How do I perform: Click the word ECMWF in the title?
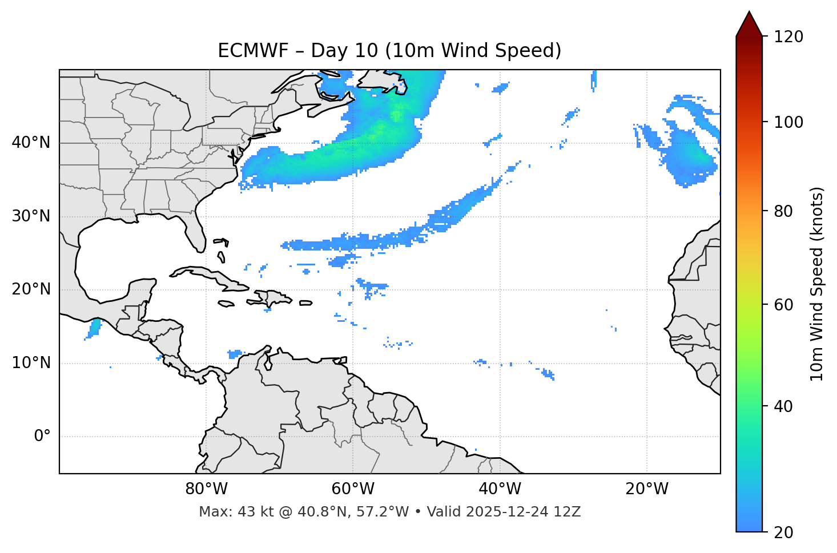[x=246, y=51]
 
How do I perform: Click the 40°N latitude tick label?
[x=31, y=143]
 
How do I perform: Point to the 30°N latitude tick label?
[x=31, y=216]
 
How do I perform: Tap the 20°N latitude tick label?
[x=31, y=289]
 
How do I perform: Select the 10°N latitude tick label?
[x=31, y=363]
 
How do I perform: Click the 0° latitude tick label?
[x=42, y=437]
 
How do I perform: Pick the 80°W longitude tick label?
[x=207, y=489]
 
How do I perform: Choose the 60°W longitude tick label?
[x=353, y=489]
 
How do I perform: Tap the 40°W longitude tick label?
[x=500, y=489]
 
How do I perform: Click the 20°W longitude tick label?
[x=646, y=489]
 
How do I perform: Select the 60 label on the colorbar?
[x=786, y=305]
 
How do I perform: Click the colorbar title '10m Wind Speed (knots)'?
[x=817, y=284]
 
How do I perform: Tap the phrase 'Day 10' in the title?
[x=344, y=51]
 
